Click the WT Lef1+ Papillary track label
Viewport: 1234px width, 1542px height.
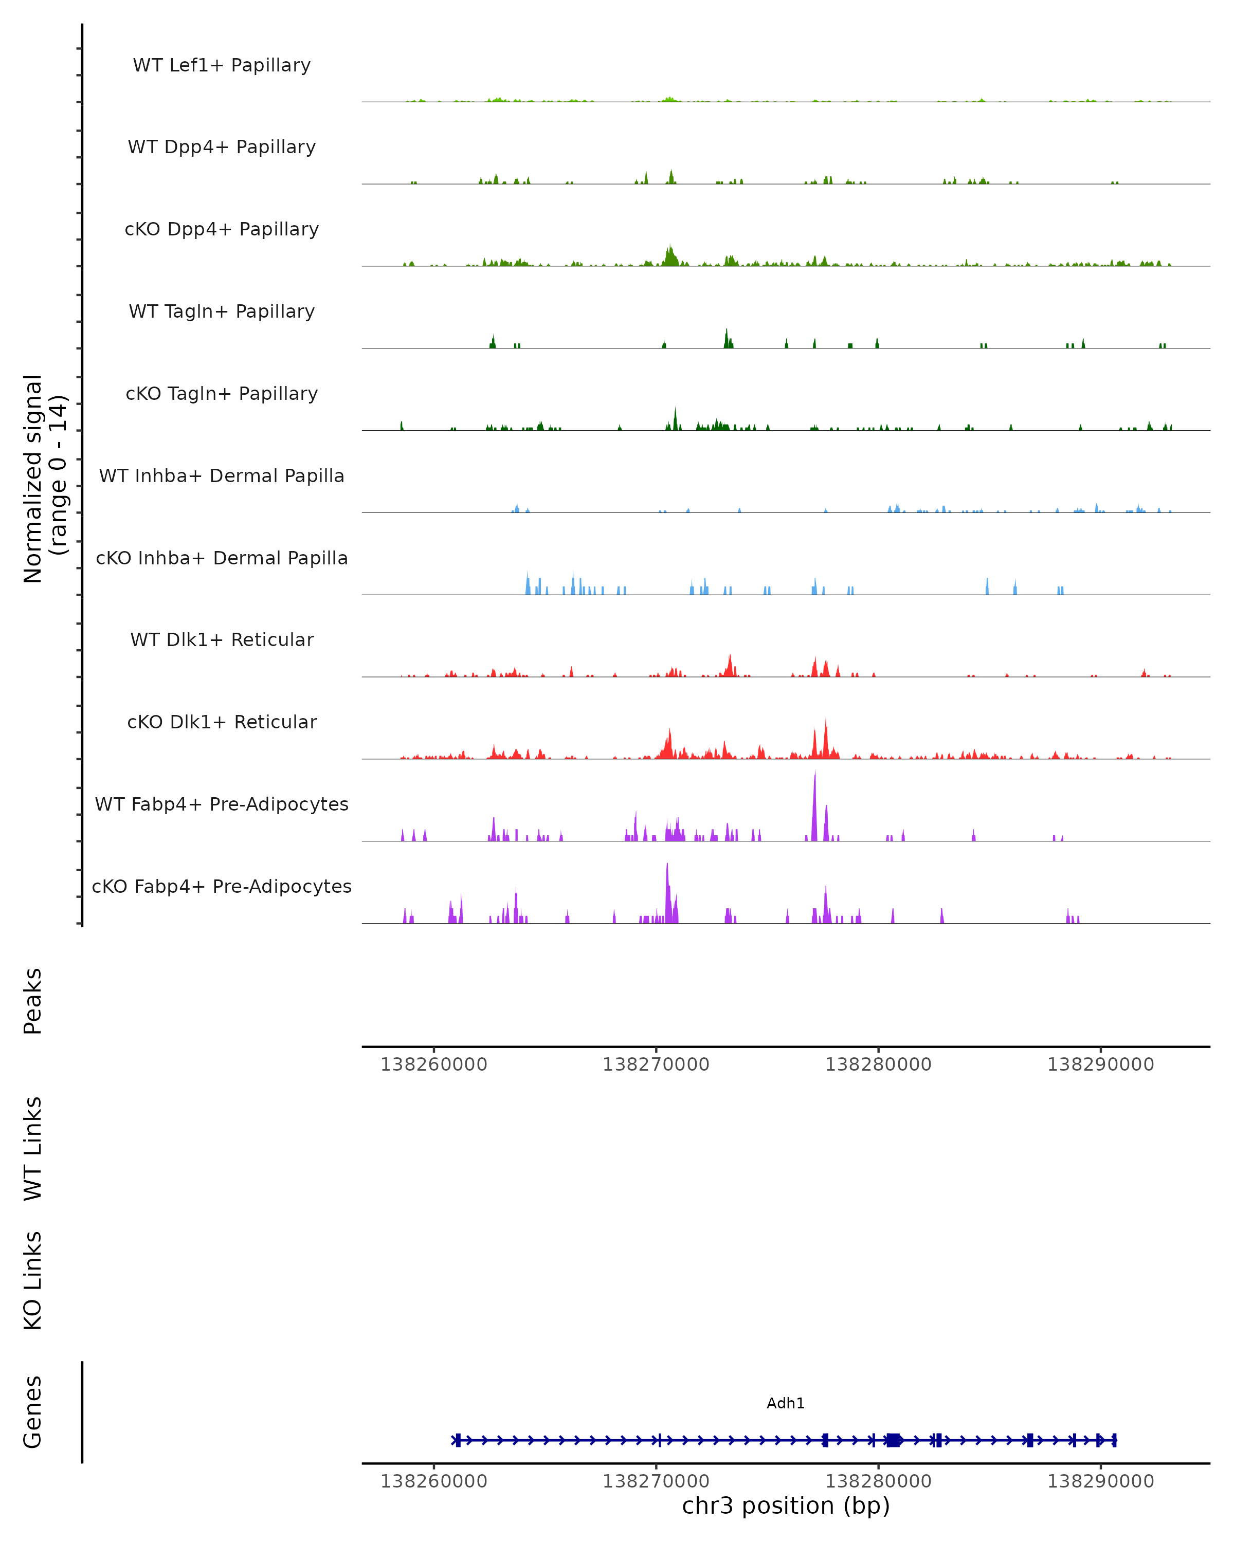point(222,65)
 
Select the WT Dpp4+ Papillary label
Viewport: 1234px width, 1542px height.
point(222,148)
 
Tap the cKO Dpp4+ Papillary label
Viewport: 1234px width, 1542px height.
point(222,230)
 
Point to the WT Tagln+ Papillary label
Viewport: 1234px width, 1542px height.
point(222,312)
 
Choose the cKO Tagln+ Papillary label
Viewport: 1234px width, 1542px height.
point(222,394)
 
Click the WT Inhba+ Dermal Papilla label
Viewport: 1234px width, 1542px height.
point(222,476)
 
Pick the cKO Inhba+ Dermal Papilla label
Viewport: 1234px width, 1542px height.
point(222,559)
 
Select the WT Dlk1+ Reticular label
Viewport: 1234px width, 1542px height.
point(222,640)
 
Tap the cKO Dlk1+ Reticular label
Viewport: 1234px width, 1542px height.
point(222,722)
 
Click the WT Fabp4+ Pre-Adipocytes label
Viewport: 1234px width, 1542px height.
point(222,804)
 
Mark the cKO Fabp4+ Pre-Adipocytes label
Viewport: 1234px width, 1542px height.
point(222,887)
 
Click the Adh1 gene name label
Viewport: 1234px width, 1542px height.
point(786,1403)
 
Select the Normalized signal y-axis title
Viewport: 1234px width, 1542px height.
point(44,479)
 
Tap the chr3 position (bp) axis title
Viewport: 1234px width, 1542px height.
point(786,1506)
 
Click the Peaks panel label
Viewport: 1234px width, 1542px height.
point(33,1001)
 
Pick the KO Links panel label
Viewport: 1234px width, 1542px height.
point(33,1281)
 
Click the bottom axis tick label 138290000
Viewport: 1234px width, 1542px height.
point(1100,1481)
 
